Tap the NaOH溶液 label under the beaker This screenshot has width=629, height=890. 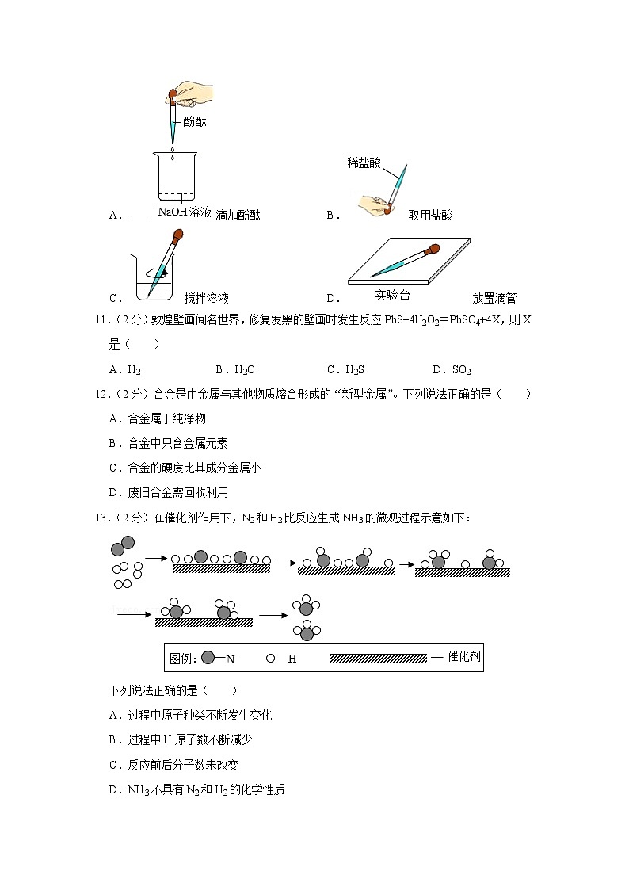coord(185,212)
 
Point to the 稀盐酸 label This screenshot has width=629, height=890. coord(364,162)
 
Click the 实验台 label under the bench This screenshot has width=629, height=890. coord(393,295)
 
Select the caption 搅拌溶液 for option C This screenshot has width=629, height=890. coord(206,299)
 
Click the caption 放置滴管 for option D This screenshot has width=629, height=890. coord(494,299)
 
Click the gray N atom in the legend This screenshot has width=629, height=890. coord(208,658)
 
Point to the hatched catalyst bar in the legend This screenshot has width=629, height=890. coord(377,658)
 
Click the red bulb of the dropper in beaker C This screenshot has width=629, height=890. coord(178,235)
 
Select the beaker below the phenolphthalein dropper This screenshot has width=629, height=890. coord(184,178)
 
